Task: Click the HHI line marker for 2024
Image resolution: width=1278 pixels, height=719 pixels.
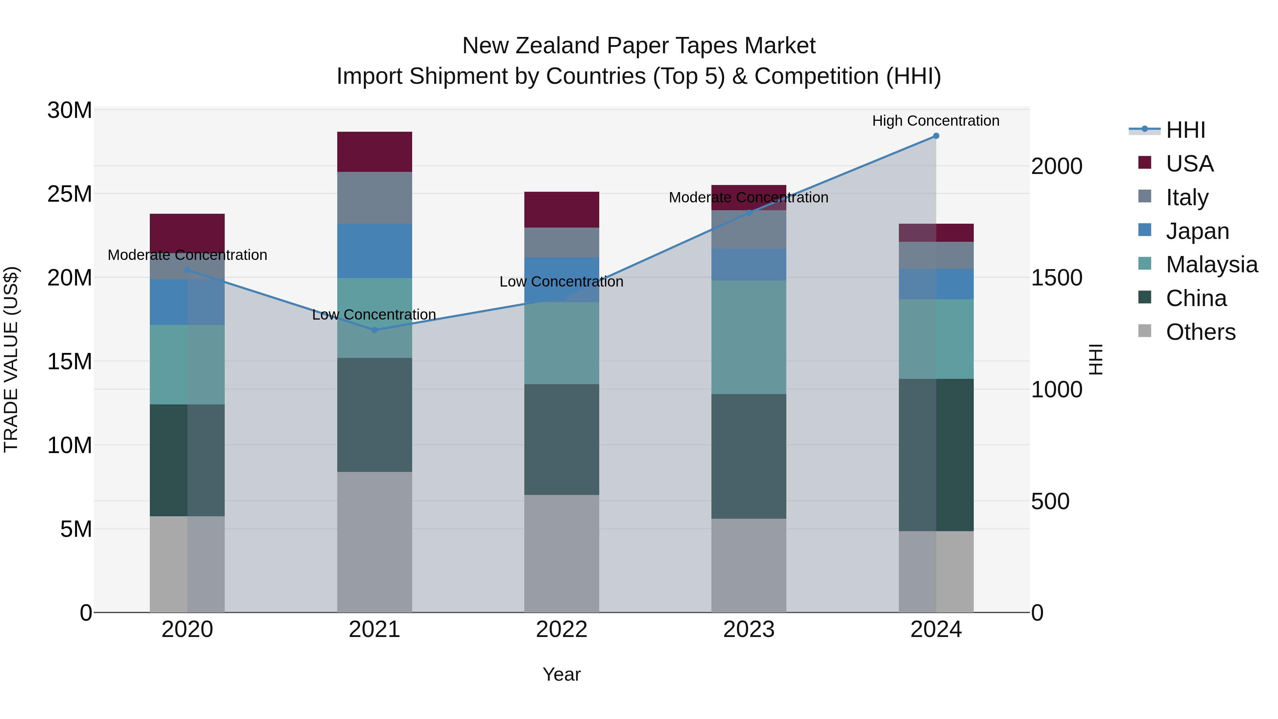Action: pos(936,136)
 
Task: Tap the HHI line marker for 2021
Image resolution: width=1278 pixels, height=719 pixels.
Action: pos(375,330)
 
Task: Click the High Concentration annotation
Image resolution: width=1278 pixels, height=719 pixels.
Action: pos(936,121)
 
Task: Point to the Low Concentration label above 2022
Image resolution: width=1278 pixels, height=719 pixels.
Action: pos(561,282)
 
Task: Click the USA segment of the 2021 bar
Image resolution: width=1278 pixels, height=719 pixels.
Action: pos(375,152)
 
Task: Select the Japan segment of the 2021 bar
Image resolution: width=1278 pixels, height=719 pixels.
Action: pos(375,251)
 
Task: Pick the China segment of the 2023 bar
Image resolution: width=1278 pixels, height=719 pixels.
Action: pos(749,457)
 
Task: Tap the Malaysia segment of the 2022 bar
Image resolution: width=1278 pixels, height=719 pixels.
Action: pos(562,343)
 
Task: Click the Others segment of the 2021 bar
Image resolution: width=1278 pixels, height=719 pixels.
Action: pos(375,542)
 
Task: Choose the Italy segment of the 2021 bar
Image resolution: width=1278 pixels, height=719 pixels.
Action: pos(375,197)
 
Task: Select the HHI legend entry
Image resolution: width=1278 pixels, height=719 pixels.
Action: pos(1185,130)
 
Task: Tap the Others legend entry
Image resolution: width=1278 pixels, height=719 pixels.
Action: pos(1201,332)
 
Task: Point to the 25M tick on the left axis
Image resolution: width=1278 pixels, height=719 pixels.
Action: pos(70,194)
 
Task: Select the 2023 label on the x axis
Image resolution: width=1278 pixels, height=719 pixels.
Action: pos(749,630)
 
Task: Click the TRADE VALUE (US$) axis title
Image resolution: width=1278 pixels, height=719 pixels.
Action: pos(11,360)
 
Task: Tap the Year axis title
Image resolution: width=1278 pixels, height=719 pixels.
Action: pos(562,674)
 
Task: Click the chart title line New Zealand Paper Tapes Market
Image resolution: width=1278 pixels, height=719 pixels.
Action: pos(639,46)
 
